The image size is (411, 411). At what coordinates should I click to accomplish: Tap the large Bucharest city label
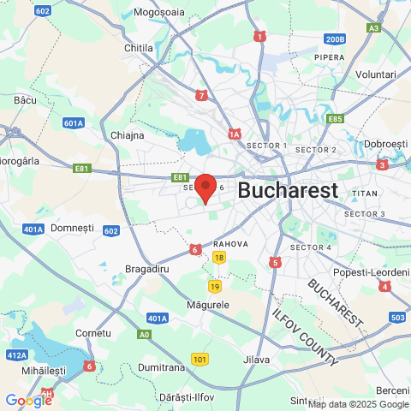coord(288,190)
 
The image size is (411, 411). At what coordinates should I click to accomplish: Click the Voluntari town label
coord(376,74)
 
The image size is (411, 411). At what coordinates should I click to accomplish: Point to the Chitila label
coord(138,48)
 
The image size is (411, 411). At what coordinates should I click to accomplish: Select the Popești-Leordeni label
coord(372,272)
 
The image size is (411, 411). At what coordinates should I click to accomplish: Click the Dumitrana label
coord(161,367)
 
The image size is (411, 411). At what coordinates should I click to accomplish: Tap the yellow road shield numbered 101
coord(200,360)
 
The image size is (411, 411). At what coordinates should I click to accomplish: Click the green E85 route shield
coord(335,119)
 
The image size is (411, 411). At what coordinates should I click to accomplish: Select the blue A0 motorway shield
coord(144,335)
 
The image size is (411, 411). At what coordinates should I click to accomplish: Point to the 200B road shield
coord(335,39)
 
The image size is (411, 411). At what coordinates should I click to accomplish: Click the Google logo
coord(28,400)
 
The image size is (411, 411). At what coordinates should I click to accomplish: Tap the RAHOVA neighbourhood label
coord(231,244)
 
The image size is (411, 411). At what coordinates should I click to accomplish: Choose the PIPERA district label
coord(330,57)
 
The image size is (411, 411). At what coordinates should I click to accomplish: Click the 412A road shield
coord(17,354)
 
